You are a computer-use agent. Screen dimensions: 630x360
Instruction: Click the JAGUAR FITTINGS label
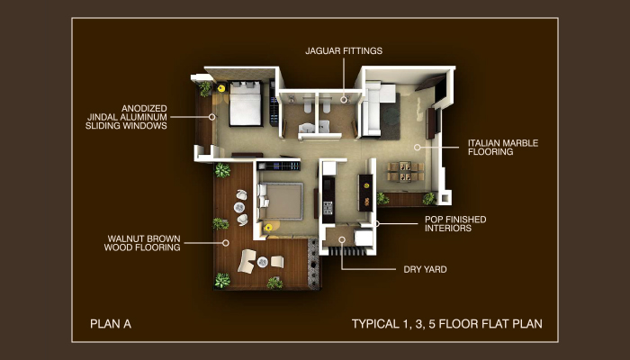344,51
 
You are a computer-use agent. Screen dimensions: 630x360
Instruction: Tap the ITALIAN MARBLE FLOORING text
503,148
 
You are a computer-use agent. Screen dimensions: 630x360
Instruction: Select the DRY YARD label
425,270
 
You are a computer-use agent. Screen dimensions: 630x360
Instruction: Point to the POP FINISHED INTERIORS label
455,224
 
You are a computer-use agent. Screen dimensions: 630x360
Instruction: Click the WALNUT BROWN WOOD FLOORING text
142,243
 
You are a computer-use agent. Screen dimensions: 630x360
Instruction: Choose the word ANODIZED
144,109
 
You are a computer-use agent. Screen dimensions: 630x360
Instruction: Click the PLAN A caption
111,324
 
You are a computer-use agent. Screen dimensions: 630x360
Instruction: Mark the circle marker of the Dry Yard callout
341,240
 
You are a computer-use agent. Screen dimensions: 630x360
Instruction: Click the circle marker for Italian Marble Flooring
418,148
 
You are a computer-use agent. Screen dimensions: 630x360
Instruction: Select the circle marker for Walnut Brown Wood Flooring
226,243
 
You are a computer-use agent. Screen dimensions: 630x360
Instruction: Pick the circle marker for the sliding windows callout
211,117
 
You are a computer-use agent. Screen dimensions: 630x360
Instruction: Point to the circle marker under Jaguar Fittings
344,100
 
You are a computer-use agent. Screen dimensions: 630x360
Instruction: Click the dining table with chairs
405,171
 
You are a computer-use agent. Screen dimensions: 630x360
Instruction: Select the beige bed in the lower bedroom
281,202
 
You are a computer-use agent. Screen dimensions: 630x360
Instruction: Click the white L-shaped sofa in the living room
375,107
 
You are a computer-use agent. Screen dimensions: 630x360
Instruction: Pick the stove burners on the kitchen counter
328,207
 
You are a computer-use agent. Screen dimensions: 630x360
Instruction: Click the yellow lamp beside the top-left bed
220,87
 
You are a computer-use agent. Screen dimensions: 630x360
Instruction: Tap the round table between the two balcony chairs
263,262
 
